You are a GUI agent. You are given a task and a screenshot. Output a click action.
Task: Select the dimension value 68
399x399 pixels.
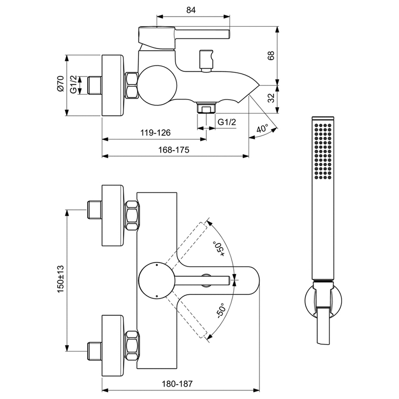coord(271,56)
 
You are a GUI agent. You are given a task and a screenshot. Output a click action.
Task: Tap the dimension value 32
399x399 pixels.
coord(271,99)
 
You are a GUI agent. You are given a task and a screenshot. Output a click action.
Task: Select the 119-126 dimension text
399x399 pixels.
coord(155,133)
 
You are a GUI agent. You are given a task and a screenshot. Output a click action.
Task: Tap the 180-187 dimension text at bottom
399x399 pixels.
coord(178,383)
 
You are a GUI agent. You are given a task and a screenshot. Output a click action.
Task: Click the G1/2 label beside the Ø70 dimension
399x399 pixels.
coord(74,85)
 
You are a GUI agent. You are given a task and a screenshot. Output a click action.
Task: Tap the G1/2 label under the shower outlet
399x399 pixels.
coord(227,122)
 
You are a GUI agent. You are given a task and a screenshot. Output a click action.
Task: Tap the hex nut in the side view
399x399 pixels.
coord(132,85)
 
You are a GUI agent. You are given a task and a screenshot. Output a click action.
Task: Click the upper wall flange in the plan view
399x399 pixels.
coord(114,215)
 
